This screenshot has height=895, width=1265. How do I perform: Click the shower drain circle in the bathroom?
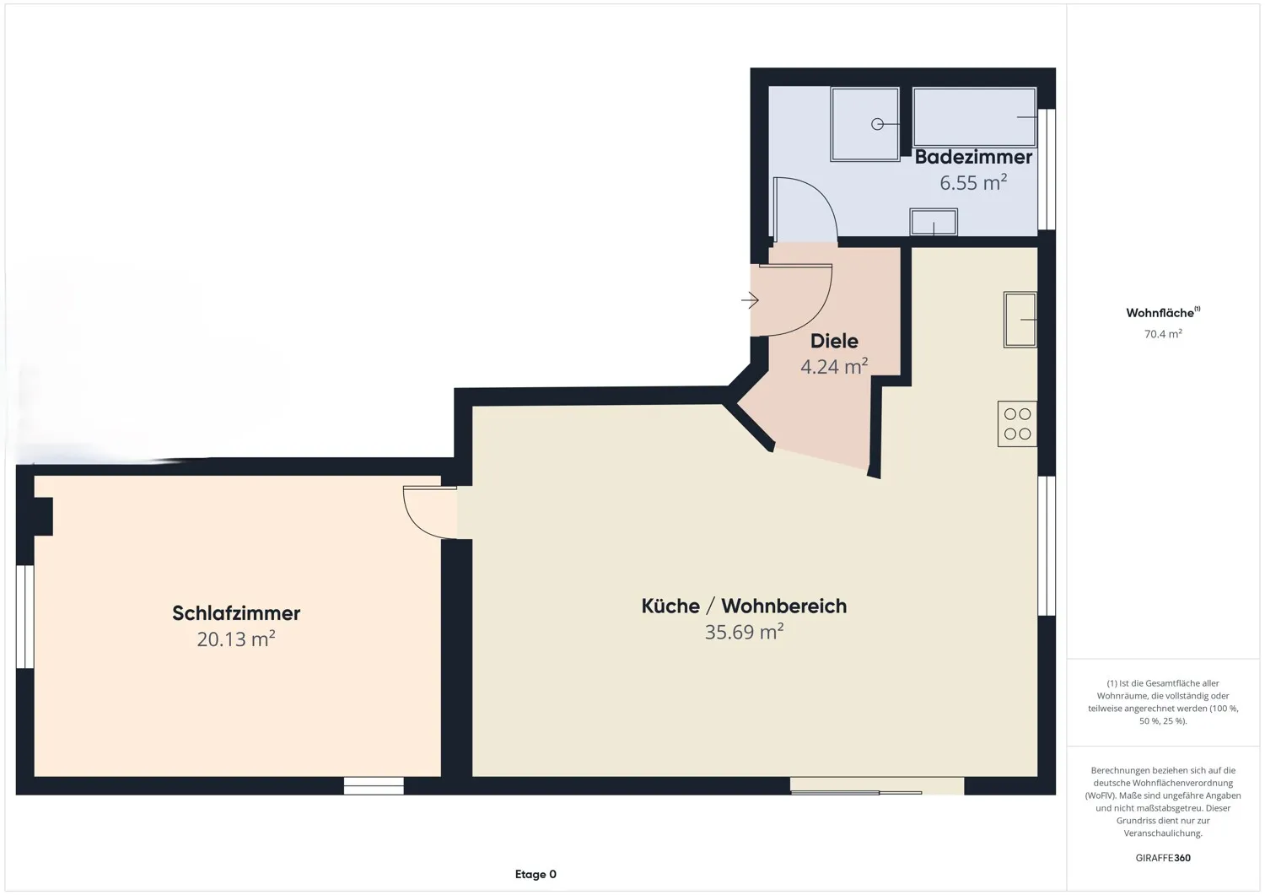pyautogui.click(x=877, y=124)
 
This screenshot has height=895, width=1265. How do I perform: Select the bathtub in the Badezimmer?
pyautogui.click(x=974, y=117)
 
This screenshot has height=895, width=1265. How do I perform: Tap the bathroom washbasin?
pyautogui.click(x=934, y=223)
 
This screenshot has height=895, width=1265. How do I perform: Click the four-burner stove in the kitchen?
pyautogui.click(x=1017, y=423)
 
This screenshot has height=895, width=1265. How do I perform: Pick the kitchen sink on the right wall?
pyautogui.click(x=1020, y=320)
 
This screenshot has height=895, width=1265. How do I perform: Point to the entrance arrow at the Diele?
pyautogui.click(x=750, y=299)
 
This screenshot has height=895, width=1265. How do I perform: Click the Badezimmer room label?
pyautogui.click(x=973, y=157)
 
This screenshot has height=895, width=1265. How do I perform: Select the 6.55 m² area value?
pyautogui.click(x=973, y=182)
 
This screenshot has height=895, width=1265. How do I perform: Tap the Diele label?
pyautogui.click(x=834, y=341)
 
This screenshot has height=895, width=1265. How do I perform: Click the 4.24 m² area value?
pyautogui.click(x=833, y=366)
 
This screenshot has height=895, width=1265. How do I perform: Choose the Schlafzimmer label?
pyautogui.click(x=236, y=613)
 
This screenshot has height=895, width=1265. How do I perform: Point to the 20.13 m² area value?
pyautogui.click(x=236, y=639)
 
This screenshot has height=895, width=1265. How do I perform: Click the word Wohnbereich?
pyautogui.click(x=783, y=606)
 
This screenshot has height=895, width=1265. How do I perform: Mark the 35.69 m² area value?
pyautogui.click(x=744, y=632)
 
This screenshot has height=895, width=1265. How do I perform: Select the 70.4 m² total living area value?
pyautogui.click(x=1163, y=334)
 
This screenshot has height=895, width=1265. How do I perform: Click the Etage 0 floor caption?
pyautogui.click(x=536, y=874)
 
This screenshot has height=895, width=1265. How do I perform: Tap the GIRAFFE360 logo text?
pyautogui.click(x=1163, y=858)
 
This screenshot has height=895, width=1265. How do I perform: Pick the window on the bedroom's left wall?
pyautogui.click(x=25, y=617)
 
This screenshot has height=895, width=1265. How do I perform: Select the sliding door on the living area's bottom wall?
pyautogui.click(x=876, y=786)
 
